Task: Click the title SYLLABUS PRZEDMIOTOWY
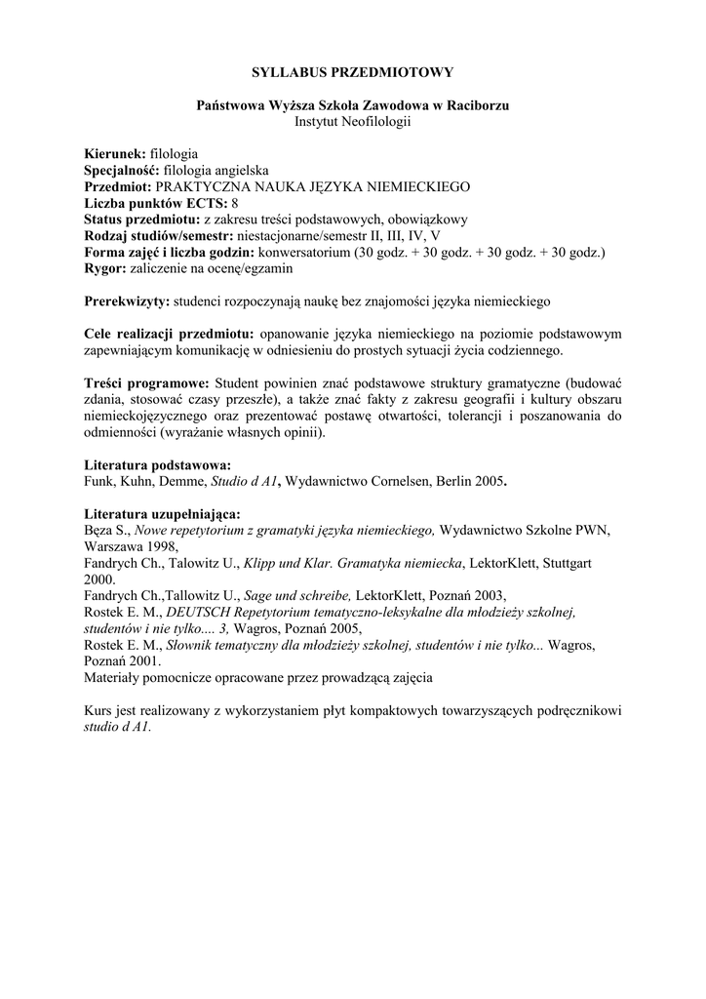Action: click(x=352, y=72)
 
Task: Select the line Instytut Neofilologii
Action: click(x=352, y=121)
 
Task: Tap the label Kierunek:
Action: click(x=115, y=154)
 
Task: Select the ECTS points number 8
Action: click(x=235, y=202)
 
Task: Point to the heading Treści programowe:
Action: click(x=146, y=382)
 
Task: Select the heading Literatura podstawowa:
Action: click(x=158, y=465)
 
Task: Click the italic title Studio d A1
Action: click(x=243, y=481)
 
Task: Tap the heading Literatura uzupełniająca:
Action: click(x=163, y=514)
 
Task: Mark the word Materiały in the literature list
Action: click(x=115, y=676)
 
